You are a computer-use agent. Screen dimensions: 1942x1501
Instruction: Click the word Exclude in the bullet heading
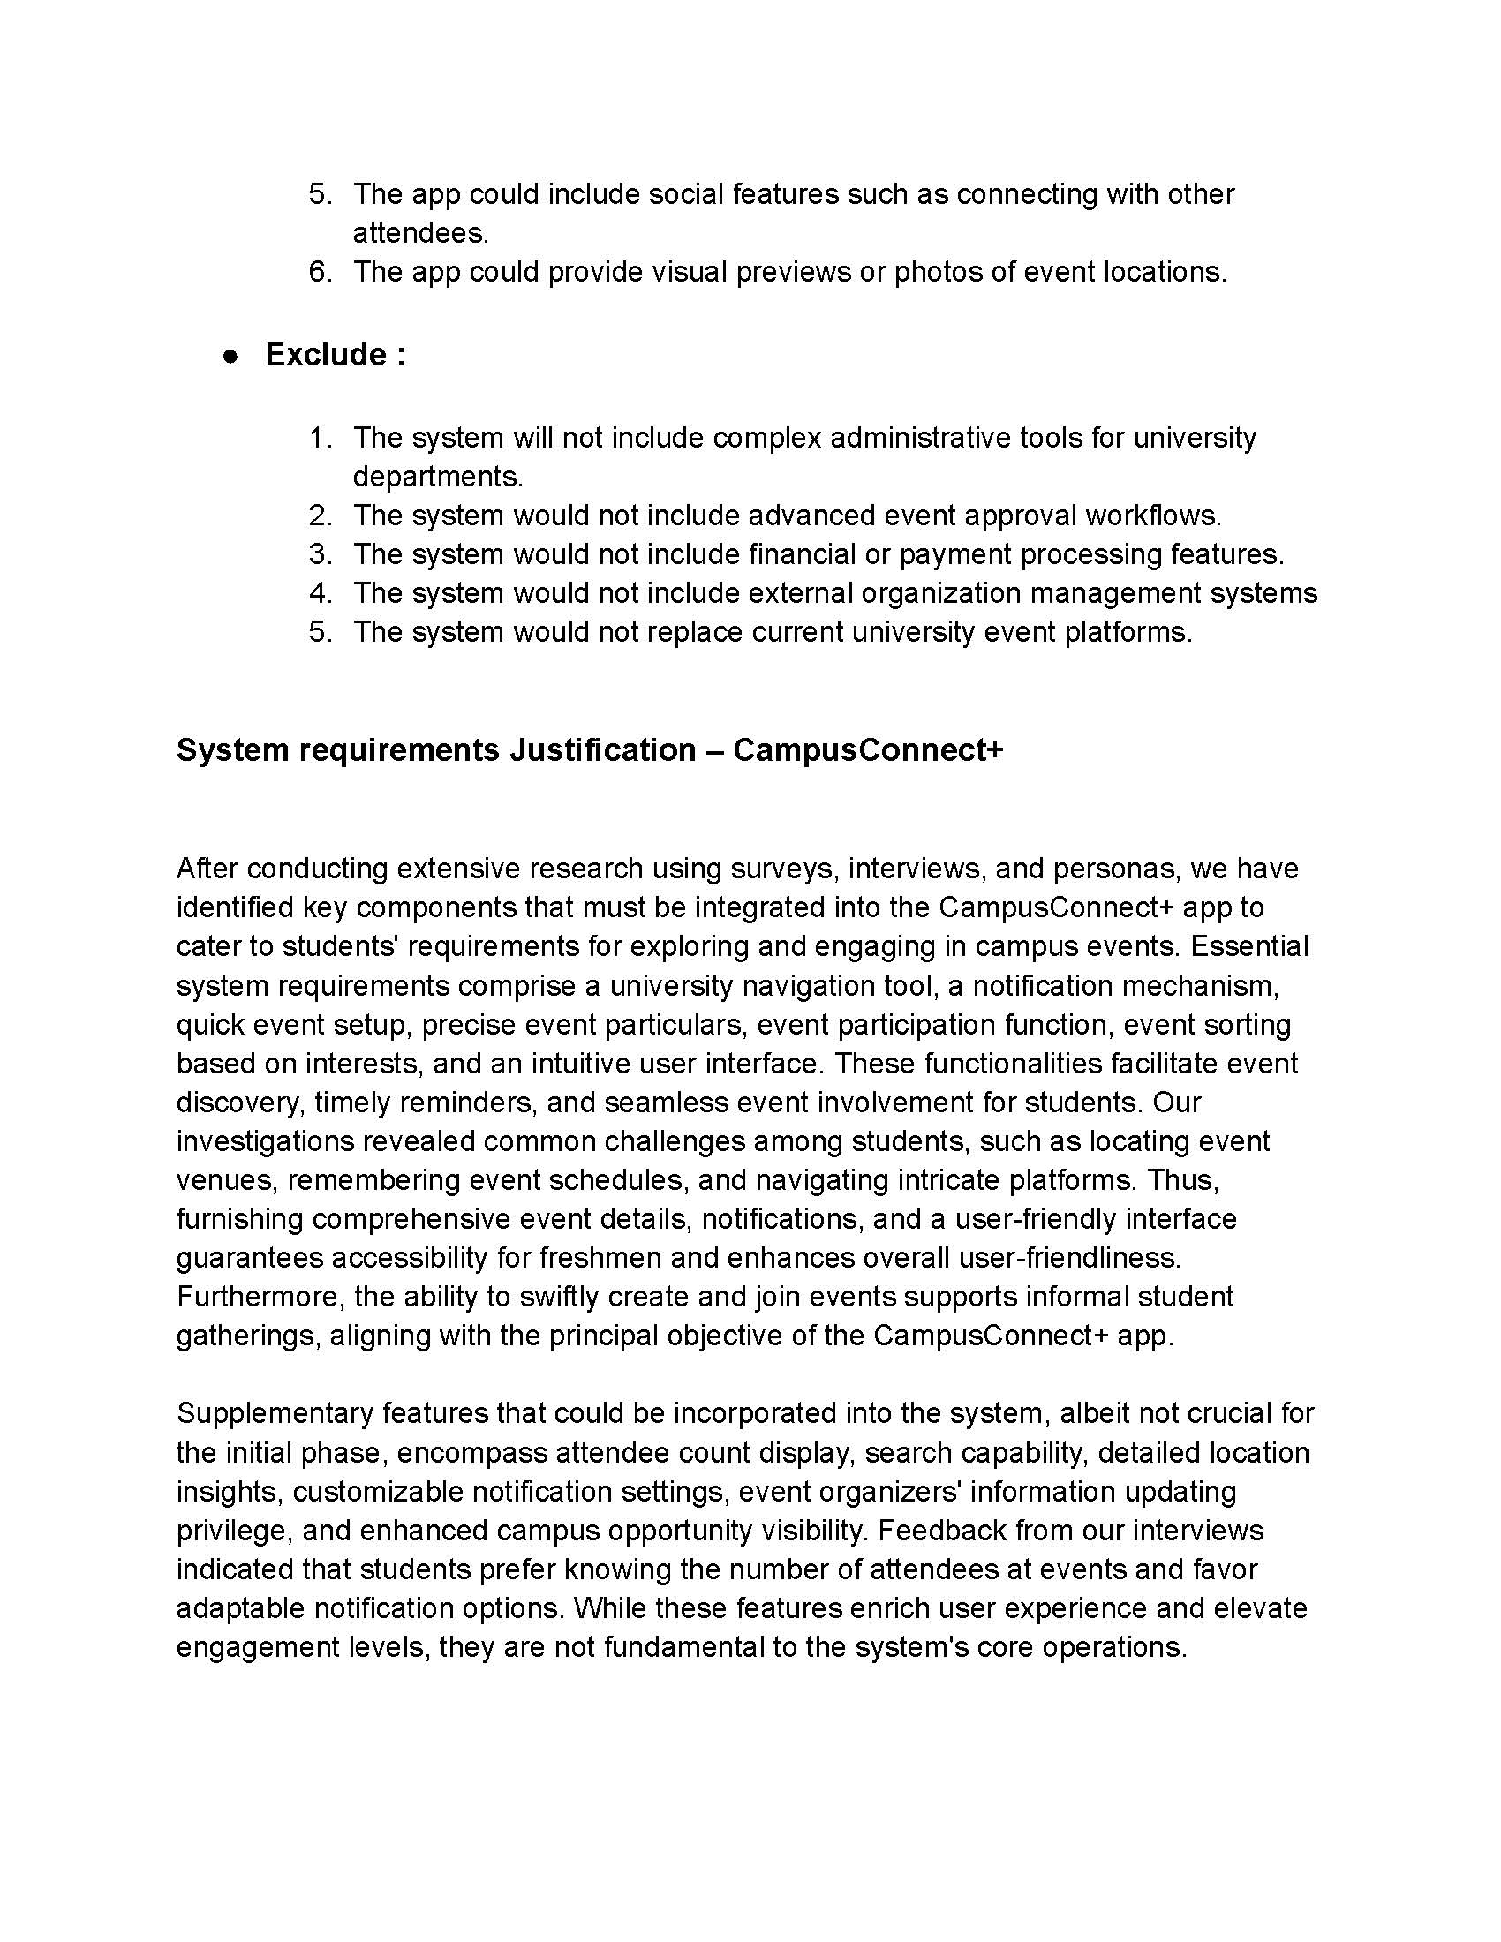pos(325,355)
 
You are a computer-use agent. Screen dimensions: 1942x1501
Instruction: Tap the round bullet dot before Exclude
pos(231,357)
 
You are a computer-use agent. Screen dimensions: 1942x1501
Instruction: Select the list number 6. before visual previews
pos(321,272)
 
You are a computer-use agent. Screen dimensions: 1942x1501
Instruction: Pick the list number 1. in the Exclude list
pos(321,438)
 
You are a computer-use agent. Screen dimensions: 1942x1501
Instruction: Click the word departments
pos(436,477)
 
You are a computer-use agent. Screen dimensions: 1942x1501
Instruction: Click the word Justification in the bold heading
pos(602,750)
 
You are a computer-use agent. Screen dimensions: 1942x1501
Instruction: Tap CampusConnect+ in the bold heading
pos(868,750)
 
